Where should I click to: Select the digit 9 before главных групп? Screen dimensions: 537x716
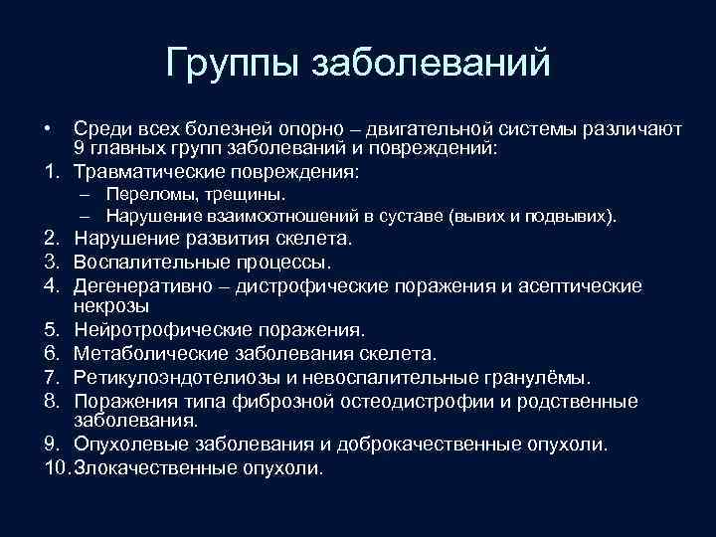tap(79, 149)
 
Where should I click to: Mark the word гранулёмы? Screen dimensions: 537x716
tap(543, 377)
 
